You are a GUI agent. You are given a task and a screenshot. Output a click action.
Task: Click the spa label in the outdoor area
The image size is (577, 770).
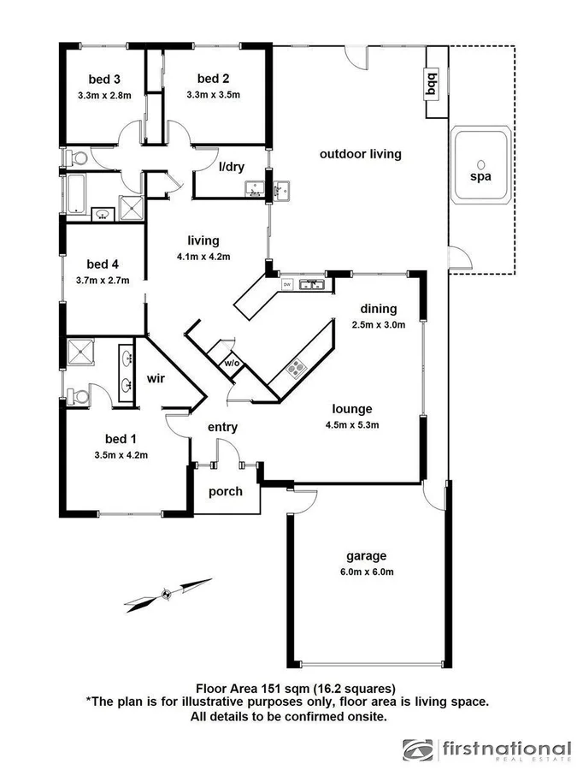[x=480, y=180]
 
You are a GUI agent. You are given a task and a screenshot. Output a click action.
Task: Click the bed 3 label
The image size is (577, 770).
[x=103, y=80]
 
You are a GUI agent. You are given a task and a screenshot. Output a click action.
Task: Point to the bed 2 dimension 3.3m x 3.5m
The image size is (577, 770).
[x=214, y=95]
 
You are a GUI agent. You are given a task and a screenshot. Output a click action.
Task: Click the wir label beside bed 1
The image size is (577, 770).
[x=156, y=377]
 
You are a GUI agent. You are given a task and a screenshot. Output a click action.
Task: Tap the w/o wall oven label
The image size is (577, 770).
[x=231, y=364]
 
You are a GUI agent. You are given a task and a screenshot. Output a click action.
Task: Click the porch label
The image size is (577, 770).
[x=226, y=491]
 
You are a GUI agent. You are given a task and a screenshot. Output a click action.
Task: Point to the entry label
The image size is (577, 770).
[x=222, y=427]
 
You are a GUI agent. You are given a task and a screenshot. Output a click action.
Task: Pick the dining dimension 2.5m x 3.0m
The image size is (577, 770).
[x=378, y=324]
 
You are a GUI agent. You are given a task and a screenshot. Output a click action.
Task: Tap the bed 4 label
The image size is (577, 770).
[x=103, y=264]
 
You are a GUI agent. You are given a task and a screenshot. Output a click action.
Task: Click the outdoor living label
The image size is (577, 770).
[x=360, y=155]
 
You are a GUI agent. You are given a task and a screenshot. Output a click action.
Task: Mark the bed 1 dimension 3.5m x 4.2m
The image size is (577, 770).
[x=121, y=455]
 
